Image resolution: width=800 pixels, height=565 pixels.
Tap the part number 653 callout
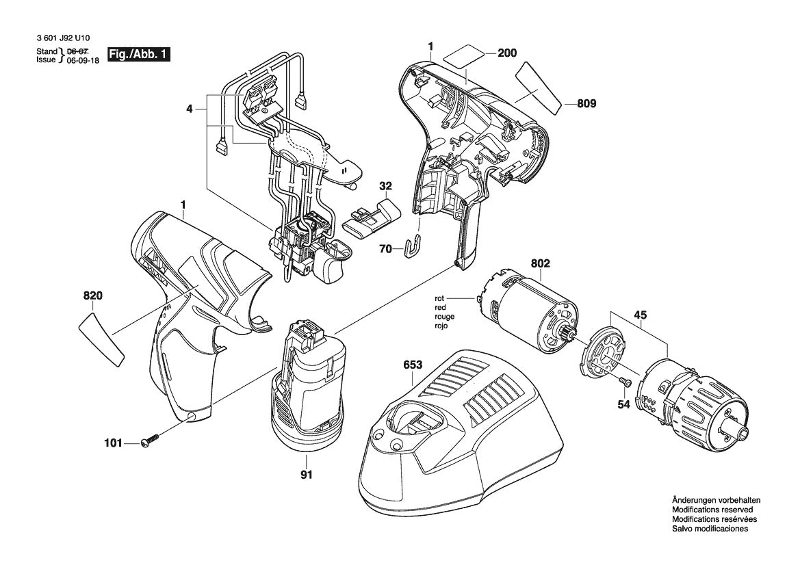point(413,365)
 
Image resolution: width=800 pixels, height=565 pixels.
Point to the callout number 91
point(307,475)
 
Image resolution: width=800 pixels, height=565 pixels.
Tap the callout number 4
point(189,108)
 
